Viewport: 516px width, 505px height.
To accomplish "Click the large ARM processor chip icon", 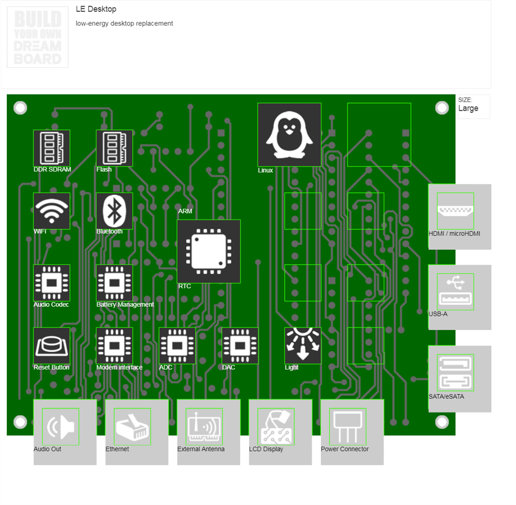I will (x=209, y=251).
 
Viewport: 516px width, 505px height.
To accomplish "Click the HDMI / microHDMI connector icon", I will (x=455, y=211).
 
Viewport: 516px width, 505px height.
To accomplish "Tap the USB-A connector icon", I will (x=455, y=292).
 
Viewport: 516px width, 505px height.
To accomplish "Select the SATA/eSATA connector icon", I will (x=455, y=373).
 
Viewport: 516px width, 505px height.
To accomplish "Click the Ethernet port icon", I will (x=132, y=426).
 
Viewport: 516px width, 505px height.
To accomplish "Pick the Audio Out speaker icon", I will (x=61, y=426).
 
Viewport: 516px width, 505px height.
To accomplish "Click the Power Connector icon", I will (x=348, y=426).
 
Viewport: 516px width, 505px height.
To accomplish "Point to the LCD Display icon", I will (x=276, y=426).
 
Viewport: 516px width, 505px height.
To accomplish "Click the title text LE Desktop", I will (x=96, y=9).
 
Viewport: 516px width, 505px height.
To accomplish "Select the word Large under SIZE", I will (x=468, y=108).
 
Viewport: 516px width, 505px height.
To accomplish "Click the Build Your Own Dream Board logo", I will (x=38, y=38).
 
